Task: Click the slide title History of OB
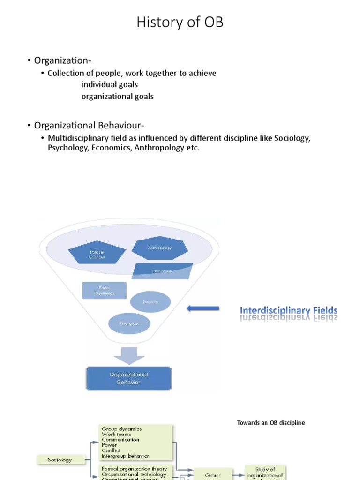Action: coord(180,22)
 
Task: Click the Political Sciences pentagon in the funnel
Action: coord(97,254)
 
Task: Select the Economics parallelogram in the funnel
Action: coord(162,271)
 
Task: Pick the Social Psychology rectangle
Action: coord(104,290)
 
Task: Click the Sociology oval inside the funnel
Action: coord(150,301)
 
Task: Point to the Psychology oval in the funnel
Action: coord(129,323)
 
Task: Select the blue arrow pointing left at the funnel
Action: coord(203,308)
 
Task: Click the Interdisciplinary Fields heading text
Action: coord(289,310)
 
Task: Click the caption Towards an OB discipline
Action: coord(271,423)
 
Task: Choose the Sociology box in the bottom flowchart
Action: coord(60,460)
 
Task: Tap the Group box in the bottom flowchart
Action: coord(212,474)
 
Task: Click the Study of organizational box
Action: coord(265,472)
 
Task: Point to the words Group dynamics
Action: coord(121,429)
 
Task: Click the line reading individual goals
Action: coord(110,85)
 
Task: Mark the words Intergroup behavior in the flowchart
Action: coord(125,456)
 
